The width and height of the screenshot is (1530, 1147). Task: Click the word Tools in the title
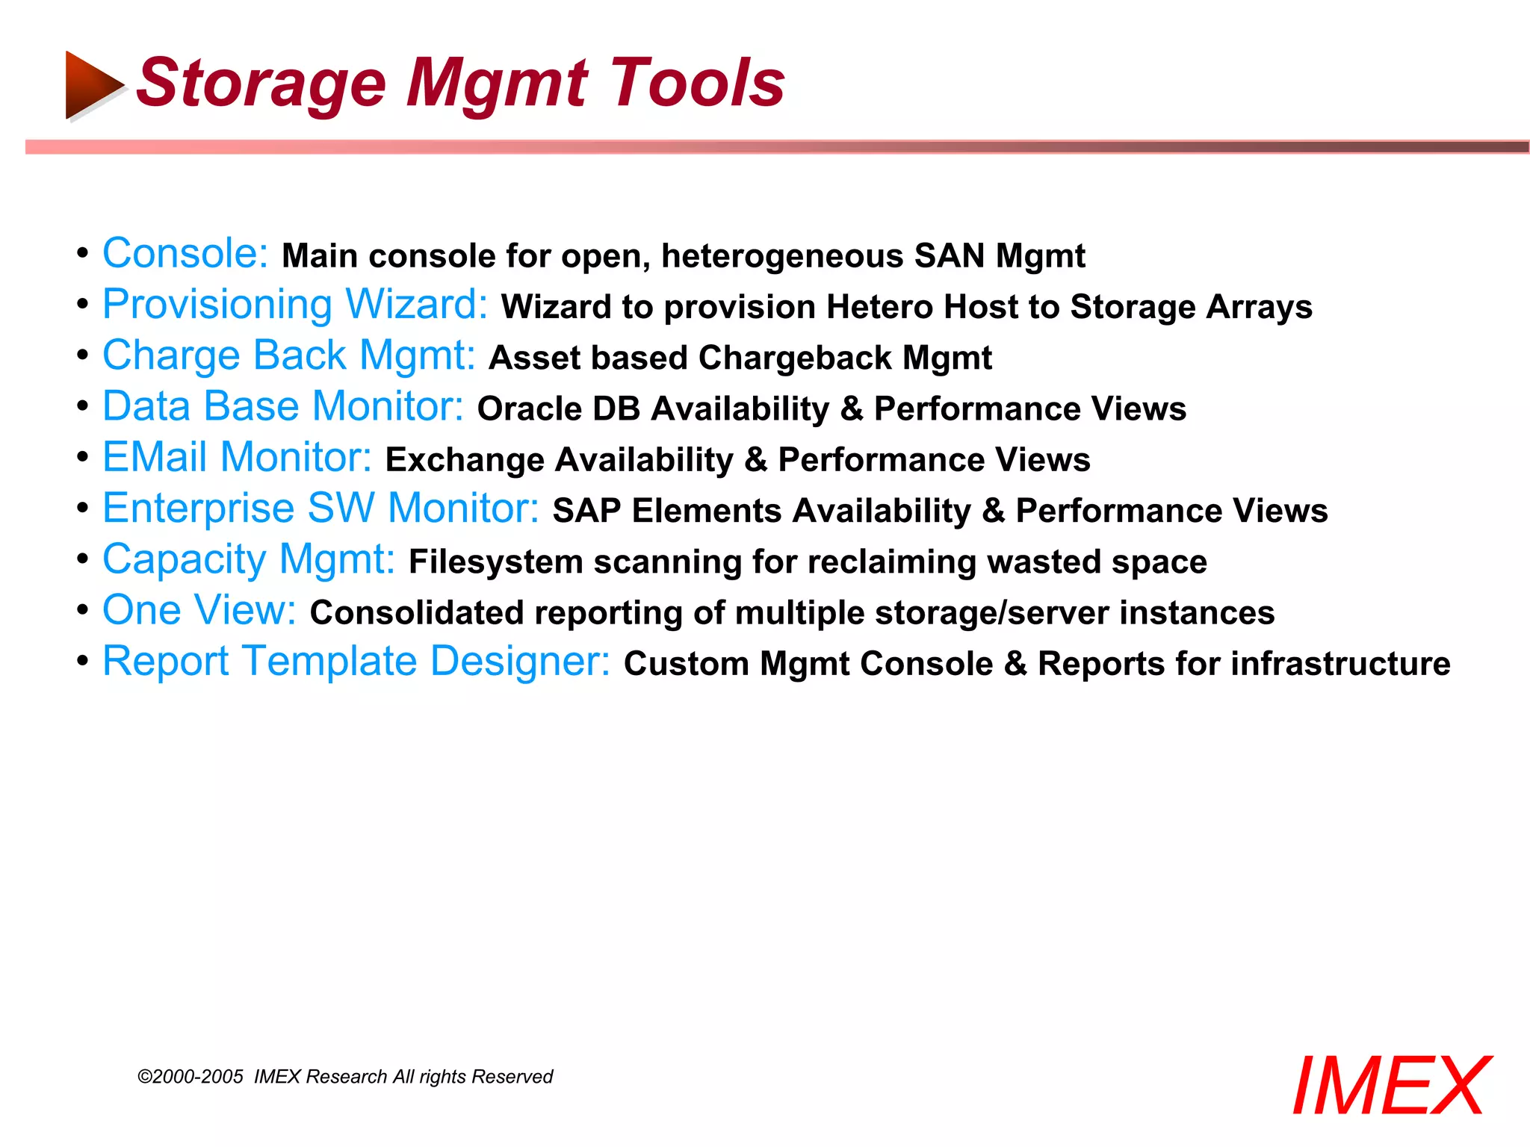[x=697, y=82]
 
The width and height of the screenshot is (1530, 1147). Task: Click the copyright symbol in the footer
[x=145, y=1077]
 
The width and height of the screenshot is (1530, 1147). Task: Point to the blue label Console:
[x=185, y=254]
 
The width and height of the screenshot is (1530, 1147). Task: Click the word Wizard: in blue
[x=416, y=305]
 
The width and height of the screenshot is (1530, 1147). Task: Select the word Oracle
[x=529, y=409]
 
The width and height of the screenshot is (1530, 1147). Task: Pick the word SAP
[x=586, y=512]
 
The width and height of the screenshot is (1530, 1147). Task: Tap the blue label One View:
[x=199, y=610]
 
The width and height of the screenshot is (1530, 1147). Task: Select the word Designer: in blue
[x=521, y=662]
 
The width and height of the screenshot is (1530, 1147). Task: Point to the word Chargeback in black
[x=795, y=358]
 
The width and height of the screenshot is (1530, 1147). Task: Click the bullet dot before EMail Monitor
[x=83, y=457]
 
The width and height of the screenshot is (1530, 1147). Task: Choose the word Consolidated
[x=416, y=613]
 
